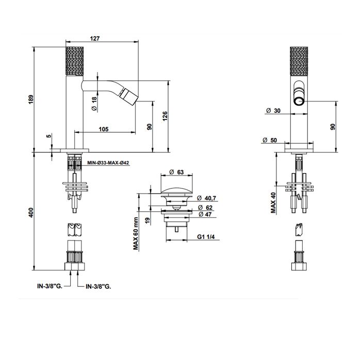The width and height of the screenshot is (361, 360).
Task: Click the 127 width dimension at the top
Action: pos(95,38)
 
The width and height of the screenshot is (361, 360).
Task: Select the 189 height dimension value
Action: pos(31,99)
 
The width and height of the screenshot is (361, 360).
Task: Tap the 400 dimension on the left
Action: pos(31,213)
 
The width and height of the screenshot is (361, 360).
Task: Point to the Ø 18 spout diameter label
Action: pos(94,104)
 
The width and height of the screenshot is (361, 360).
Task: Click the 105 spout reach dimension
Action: pos(104,129)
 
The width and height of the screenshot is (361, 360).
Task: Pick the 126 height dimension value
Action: pos(165,116)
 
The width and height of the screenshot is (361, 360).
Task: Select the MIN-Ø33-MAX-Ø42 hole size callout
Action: pos(108,163)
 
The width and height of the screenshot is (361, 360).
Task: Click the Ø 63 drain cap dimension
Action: pos(176,172)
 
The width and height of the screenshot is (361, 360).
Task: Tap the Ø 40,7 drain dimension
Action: pos(207,198)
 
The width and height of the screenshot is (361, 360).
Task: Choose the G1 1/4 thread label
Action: pos(206,236)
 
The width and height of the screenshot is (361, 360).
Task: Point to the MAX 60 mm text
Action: pos(136,234)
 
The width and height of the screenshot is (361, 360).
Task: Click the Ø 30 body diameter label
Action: pos(273,111)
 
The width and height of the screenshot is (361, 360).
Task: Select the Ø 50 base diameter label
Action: pos(270,140)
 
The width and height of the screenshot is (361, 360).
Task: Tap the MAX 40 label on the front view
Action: pos(273,203)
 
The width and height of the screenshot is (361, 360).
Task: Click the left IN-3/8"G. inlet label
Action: pos(50,286)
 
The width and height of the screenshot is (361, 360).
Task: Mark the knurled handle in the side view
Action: pos(75,61)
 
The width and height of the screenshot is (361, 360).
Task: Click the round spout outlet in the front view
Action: pos(299,101)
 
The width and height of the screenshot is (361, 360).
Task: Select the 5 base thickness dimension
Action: pos(48,136)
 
